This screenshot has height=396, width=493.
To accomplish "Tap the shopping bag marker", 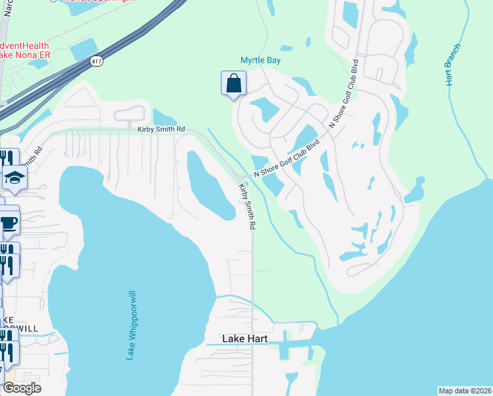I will point(233,84).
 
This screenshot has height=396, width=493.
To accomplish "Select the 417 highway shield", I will point(96,60).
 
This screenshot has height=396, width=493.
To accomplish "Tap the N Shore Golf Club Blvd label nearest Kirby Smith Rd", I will point(287,159).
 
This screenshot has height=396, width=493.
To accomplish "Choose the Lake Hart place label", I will point(245,339).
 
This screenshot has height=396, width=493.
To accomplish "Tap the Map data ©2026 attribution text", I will point(464,390).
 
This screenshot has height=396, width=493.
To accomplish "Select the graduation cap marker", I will point(14,177).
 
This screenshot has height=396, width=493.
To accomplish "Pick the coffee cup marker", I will point(8,222).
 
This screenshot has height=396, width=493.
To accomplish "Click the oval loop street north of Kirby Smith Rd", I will point(130,114).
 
